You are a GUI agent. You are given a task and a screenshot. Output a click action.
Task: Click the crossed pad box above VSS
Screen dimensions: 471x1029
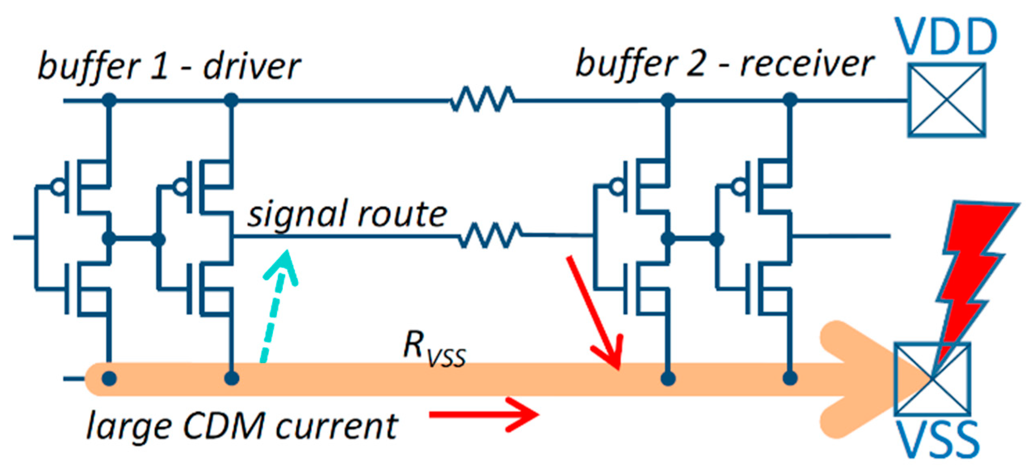tap(932, 379)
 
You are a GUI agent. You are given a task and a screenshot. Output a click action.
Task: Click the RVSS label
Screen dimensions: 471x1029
tap(434, 349)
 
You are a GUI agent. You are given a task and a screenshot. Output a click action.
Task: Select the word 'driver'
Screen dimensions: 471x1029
tap(252, 67)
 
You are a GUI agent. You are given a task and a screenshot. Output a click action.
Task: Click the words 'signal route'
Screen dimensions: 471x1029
tap(347, 214)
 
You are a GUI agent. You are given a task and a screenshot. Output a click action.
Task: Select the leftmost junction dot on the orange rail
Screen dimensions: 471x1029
tap(109, 379)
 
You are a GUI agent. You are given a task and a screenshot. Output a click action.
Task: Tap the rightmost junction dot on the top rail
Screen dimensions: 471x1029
tap(790, 100)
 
